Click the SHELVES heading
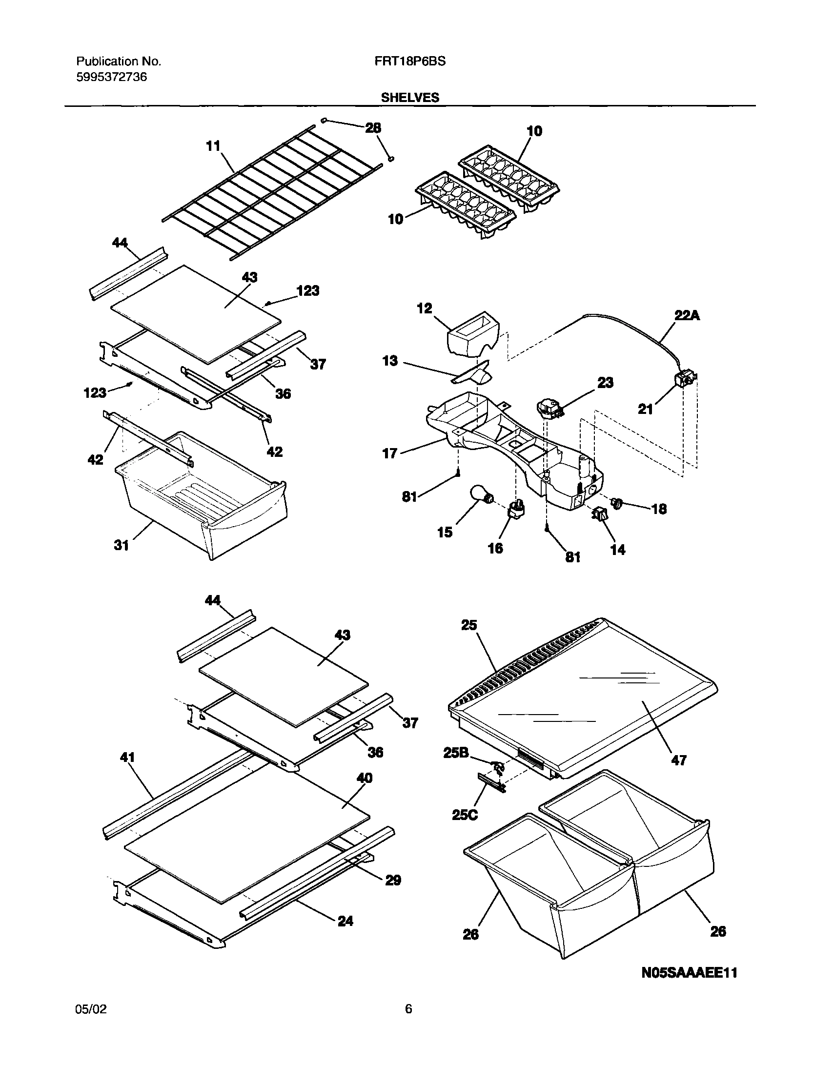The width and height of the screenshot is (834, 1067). (x=410, y=98)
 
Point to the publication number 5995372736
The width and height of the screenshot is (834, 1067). (x=111, y=77)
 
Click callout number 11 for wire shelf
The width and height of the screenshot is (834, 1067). (x=213, y=145)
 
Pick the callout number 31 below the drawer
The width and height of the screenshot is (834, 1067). (x=121, y=545)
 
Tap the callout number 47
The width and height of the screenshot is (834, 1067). (x=679, y=759)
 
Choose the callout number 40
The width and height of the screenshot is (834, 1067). (x=365, y=777)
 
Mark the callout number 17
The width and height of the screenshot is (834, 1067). (x=389, y=453)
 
